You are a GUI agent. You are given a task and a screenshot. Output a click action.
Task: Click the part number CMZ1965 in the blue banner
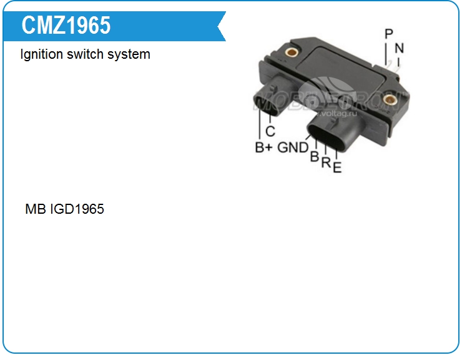pyautogui.click(x=66, y=25)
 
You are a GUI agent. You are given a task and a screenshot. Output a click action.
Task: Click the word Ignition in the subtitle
pyautogui.click(x=42, y=54)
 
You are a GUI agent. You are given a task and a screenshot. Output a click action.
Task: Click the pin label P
pyautogui.click(x=389, y=34)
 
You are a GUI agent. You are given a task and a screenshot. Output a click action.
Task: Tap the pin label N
pyautogui.click(x=399, y=47)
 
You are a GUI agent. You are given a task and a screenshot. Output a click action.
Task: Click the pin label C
pyautogui.click(x=270, y=132)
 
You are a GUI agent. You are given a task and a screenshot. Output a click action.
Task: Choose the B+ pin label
pyautogui.click(x=263, y=148)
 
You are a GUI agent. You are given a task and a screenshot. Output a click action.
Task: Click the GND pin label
pyautogui.click(x=293, y=148)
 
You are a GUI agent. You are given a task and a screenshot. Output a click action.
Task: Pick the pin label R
pyautogui.click(x=326, y=162)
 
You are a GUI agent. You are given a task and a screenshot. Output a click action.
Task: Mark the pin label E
pyautogui.click(x=337, y=167)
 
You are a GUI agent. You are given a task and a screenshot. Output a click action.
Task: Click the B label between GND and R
pyautogui.click(x=315, y=157)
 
